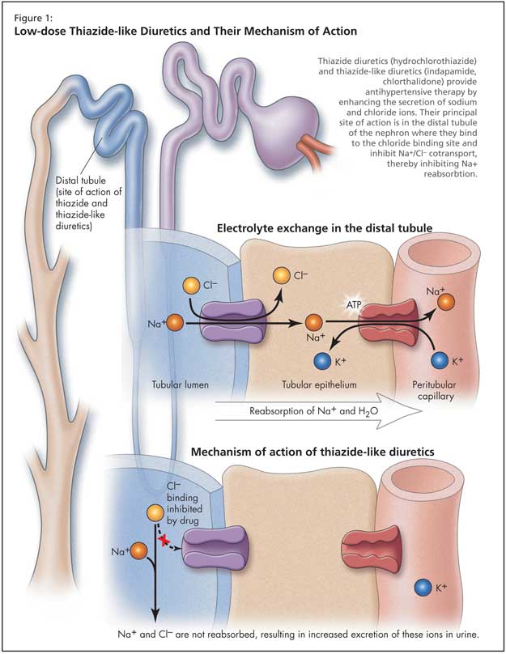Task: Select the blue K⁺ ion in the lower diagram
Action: tap(421, 585)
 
